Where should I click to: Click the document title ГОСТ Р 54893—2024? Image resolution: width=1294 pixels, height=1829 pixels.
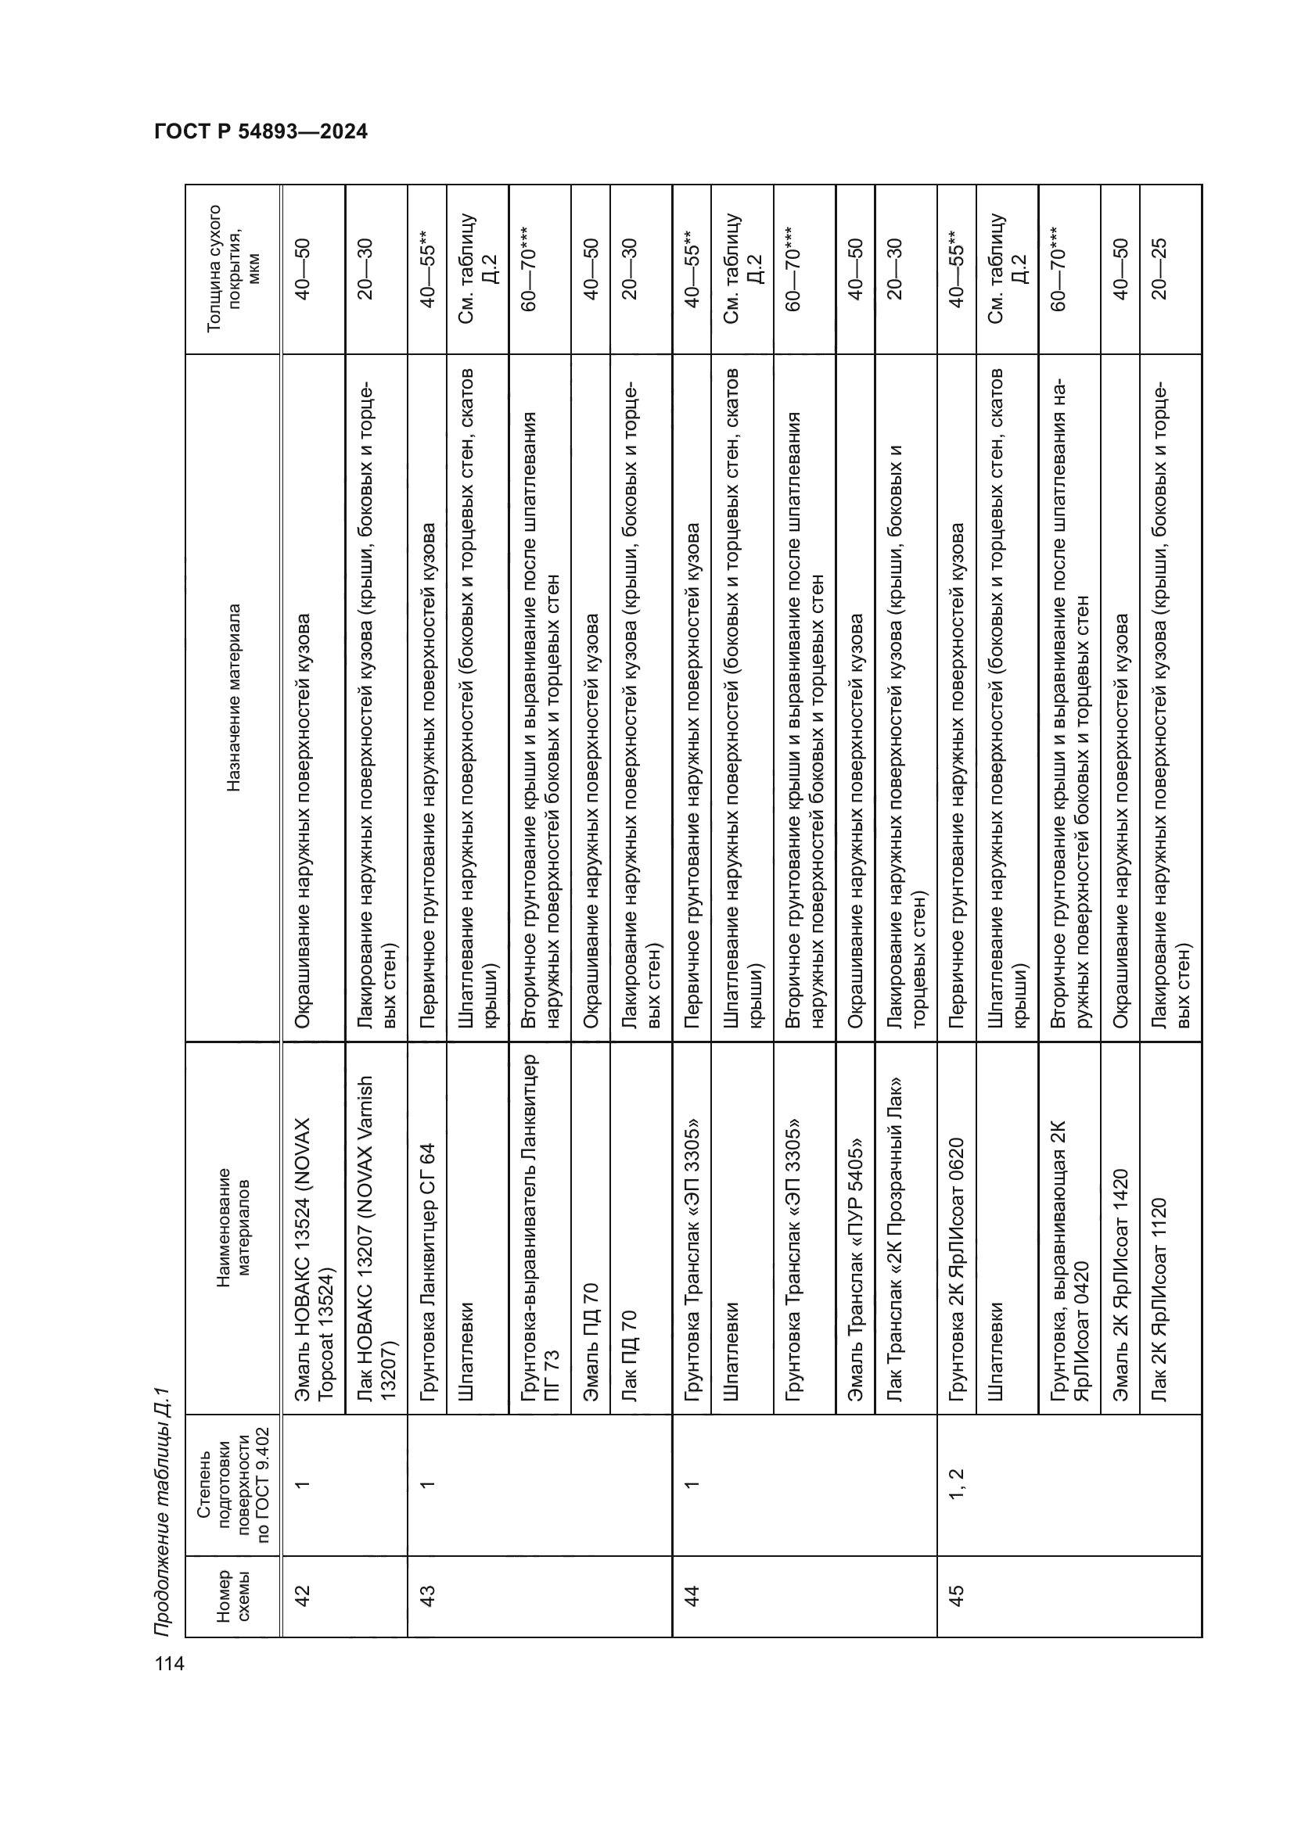click(261, 132)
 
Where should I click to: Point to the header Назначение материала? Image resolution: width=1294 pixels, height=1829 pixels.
click(233, 697)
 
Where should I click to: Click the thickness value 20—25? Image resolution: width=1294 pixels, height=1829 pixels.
click(1159, 268)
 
